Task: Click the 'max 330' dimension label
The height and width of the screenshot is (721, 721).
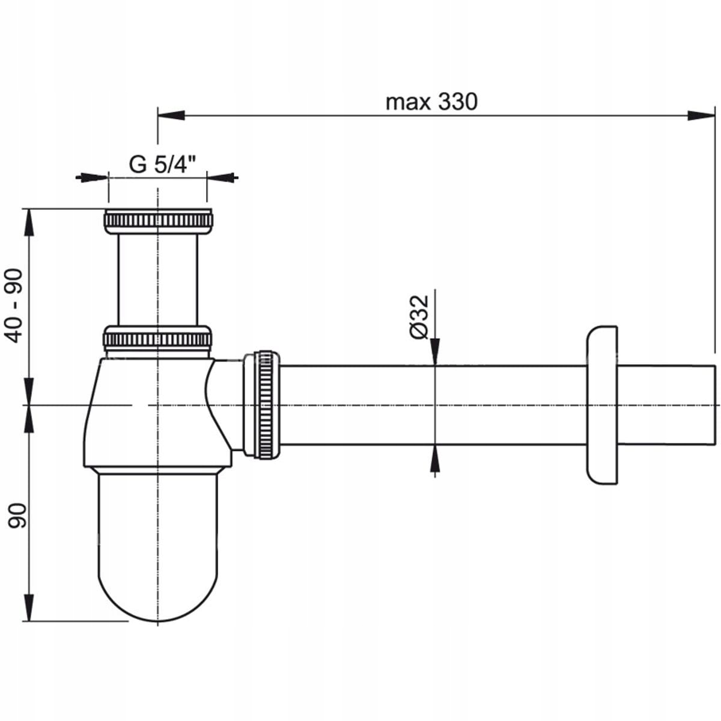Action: tap(431, 102)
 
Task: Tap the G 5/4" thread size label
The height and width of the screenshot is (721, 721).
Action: tap(162, 164)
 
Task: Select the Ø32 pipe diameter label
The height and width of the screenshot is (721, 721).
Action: tap(419, 317)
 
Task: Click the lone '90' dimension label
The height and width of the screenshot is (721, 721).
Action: tap(17, 516)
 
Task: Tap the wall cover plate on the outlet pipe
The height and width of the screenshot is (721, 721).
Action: tap(601, 406)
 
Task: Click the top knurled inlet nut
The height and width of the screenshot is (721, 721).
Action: tap(158, 222)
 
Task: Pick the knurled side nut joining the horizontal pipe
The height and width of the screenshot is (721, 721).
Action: tap(262, 405)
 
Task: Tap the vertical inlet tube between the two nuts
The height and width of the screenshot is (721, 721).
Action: tap(157, 280)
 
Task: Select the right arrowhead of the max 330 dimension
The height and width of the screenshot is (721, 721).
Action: tap(701, 115)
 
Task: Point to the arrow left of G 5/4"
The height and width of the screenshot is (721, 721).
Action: tap(92, 177)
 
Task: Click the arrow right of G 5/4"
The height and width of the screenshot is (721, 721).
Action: tap(222, 177)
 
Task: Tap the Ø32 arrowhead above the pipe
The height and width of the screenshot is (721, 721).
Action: tap(435, 351)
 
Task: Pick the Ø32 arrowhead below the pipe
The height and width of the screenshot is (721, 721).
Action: tap(435, 459)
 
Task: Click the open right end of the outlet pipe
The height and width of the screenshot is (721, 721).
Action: tap(715, 405)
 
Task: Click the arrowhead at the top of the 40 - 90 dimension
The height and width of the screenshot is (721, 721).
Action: tap(29, 222)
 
